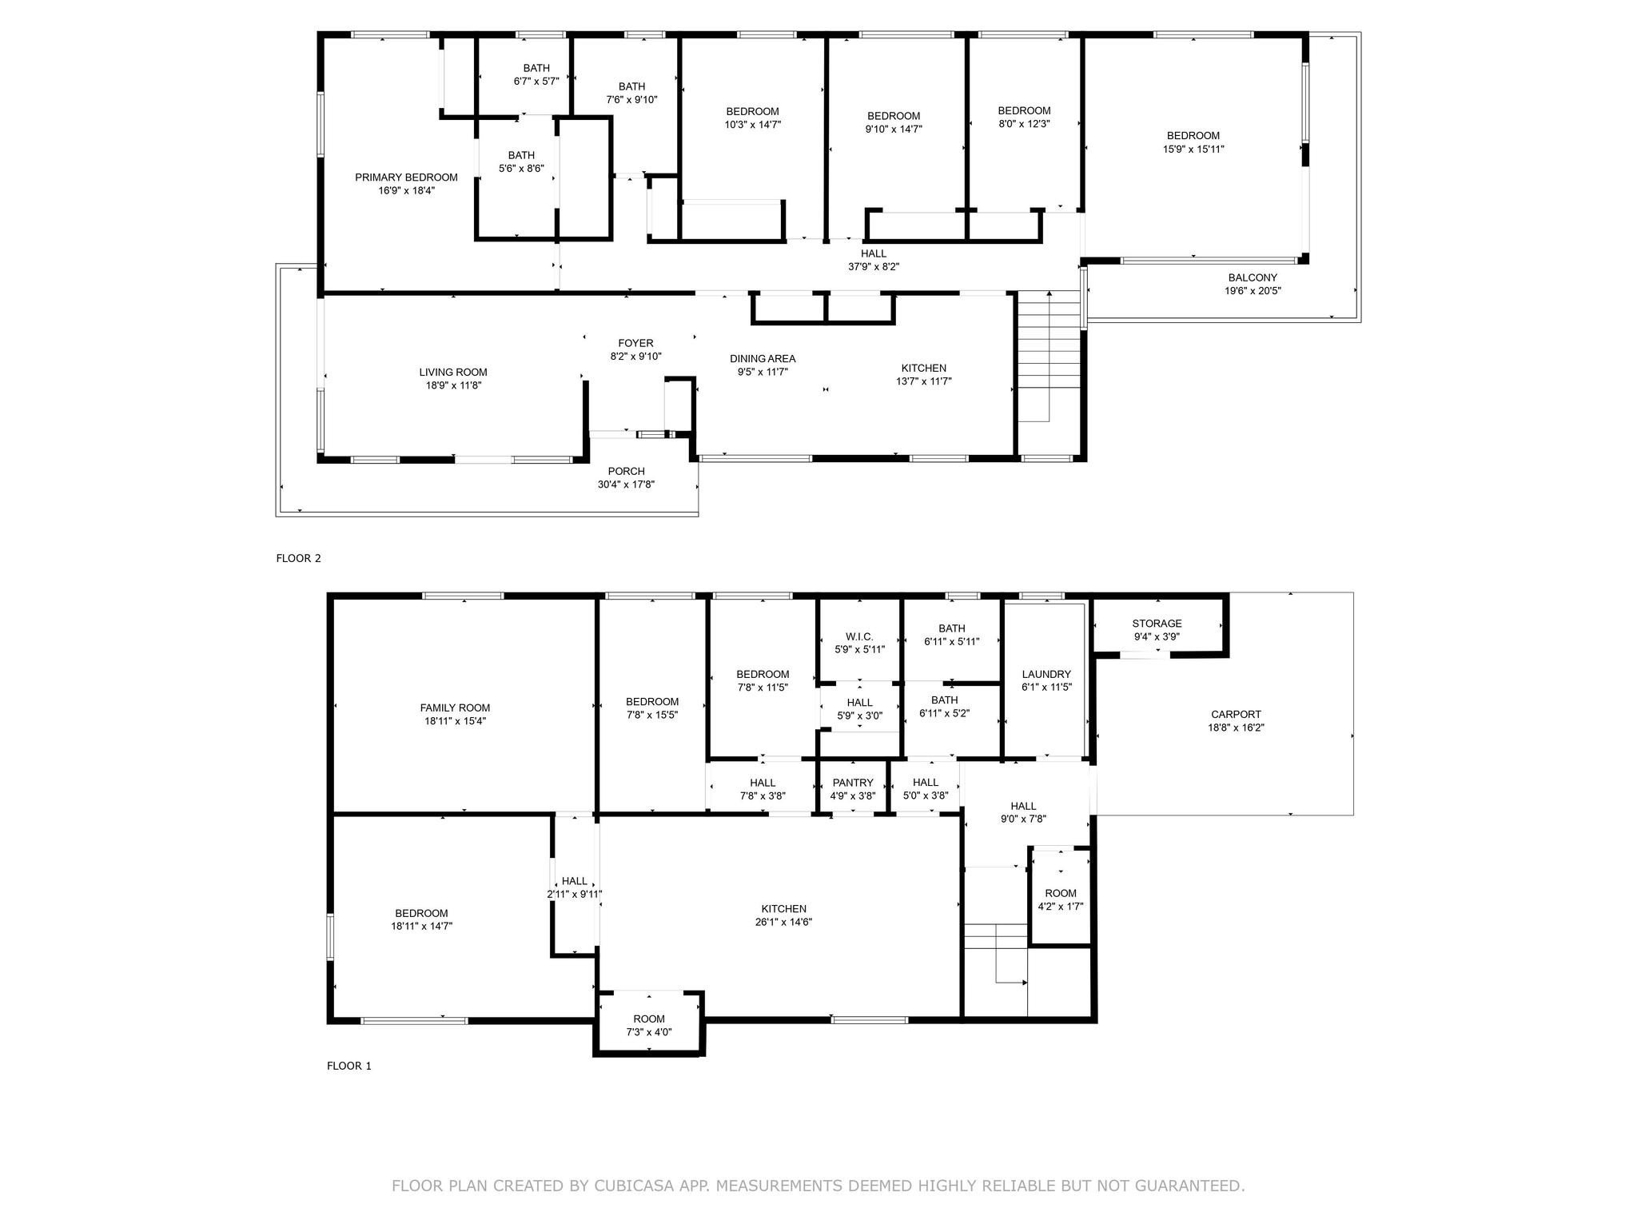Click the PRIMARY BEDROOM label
[406, 177]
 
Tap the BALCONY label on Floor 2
[1253, 278]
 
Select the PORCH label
[626, 472]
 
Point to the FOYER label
[635, 344]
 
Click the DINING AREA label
[763, 359]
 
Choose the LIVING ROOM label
[453, 373]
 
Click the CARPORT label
[1236, 715]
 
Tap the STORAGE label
[1157, 624]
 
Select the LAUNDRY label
[1046, 674]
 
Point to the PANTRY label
[853, 783]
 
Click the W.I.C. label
[859, 636]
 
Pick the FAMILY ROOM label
[456, 708]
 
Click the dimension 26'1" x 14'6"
[783, 922]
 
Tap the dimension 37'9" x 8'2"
[874, 267]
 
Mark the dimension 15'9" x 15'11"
[1193, 149]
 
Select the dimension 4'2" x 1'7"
[1061, 907]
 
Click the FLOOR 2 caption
[298, 559]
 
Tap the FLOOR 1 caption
[349, 1066]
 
